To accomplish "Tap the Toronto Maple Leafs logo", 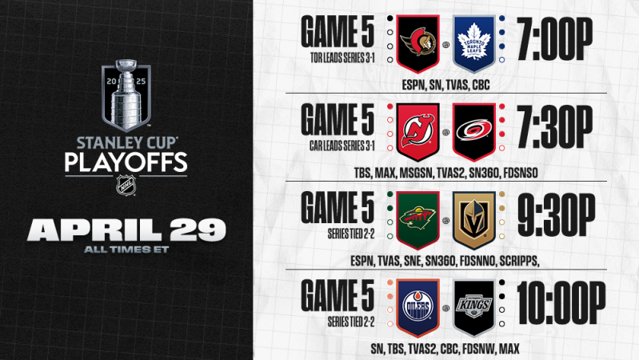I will tap(475, 42).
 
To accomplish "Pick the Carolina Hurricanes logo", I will tap(475, 129).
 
